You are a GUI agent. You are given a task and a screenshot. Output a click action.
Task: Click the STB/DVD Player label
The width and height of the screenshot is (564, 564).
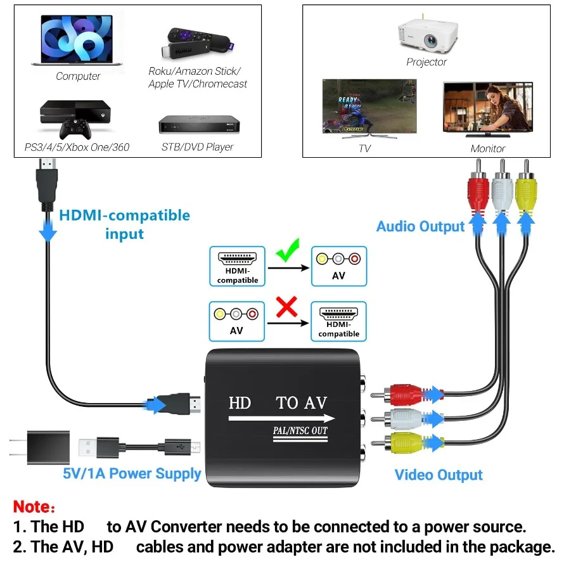[197, 147]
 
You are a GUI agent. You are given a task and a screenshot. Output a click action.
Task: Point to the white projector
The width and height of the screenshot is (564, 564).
[427, 35]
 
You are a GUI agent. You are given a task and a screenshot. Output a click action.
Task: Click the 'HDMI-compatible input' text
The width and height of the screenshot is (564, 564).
[124, 224]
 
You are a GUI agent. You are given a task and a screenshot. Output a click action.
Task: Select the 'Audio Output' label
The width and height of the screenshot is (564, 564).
[420, 226]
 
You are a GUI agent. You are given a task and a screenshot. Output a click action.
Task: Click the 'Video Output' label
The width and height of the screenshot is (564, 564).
[439, 475]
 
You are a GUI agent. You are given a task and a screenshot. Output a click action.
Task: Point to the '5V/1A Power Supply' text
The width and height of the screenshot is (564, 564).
[132, 473]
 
